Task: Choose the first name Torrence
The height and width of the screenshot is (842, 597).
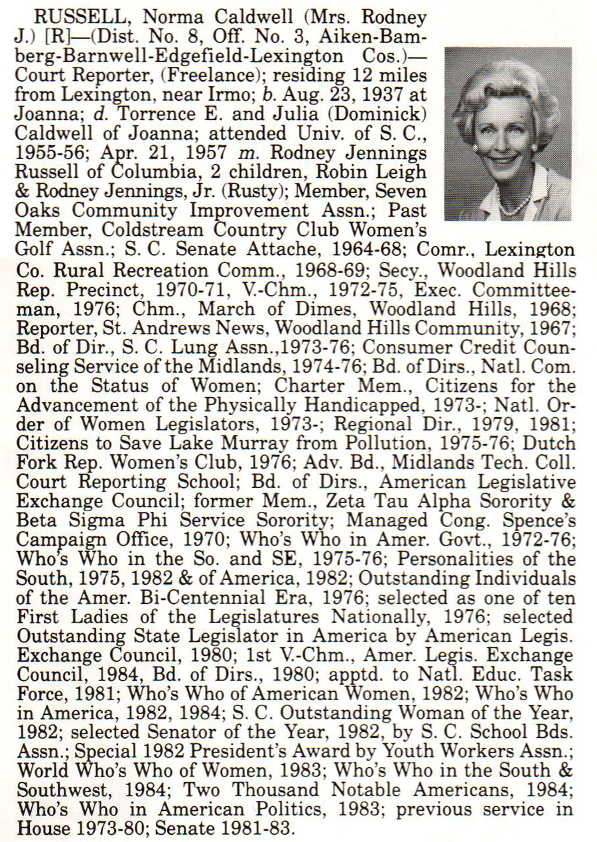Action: click(137, 113)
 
